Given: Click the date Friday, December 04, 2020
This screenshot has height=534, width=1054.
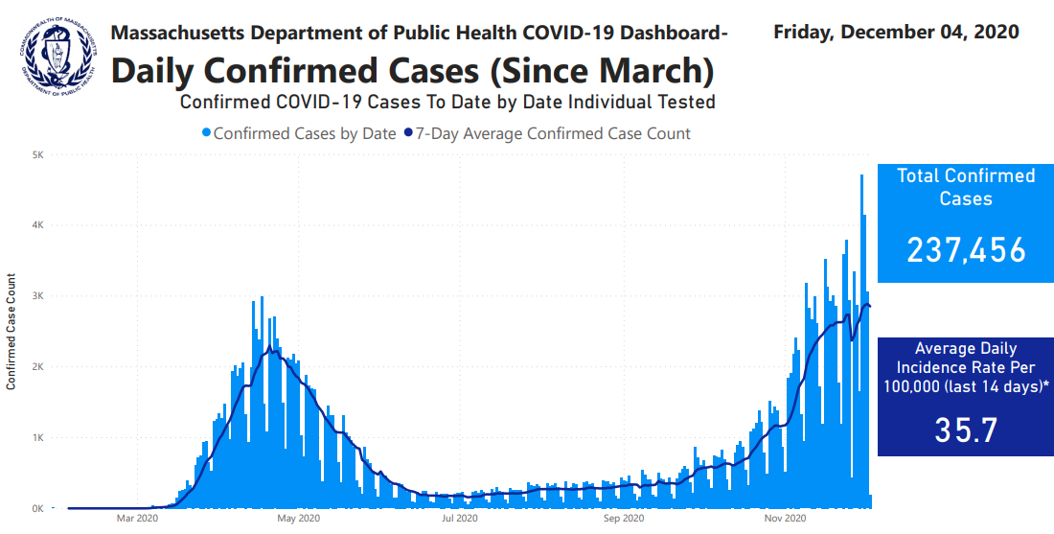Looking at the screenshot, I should [896, 32].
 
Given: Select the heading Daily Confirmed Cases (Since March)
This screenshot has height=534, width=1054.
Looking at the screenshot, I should [413, 70].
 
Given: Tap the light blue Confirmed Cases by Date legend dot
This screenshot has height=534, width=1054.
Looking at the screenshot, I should [206, 134].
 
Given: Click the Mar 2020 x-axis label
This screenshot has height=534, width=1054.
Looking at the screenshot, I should [136, 520].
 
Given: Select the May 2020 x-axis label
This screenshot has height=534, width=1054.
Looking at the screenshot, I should [298, 520].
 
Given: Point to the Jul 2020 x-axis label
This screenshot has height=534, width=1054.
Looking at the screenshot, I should [460, 520].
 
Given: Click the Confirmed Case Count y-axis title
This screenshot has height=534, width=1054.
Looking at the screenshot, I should [11, 332].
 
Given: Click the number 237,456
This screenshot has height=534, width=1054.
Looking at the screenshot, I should [966, 250].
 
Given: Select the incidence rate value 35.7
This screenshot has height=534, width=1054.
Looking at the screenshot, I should [966, 430].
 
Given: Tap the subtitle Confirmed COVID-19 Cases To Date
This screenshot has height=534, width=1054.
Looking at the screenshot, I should [447, 102].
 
